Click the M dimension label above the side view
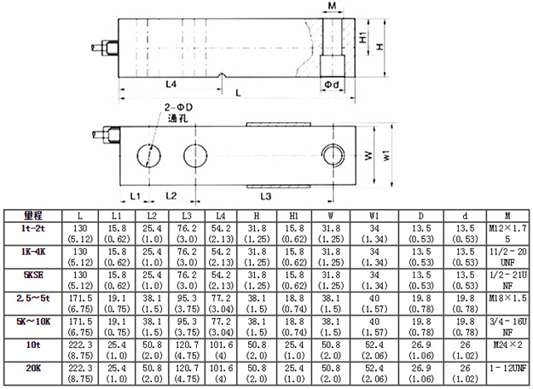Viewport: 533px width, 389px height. [x=332, y=6]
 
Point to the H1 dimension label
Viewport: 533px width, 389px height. [x=363, y=37]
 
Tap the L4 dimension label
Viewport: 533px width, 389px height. [x=171, y=84]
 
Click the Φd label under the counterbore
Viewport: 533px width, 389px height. [x=332, y=84]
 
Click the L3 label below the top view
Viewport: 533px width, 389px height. [x=266, y=196]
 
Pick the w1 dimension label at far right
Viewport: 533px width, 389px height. [x=386, y=155]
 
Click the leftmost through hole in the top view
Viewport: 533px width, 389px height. [x=149, y=156]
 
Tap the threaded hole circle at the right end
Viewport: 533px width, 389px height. [x=333, y=155]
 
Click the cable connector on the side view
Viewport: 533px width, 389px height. [x=105, y=47]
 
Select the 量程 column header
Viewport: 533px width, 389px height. [x=33, y=216]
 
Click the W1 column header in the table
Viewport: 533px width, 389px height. [x=374, y=216]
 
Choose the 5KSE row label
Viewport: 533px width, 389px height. [x=33, y=275]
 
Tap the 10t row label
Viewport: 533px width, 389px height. [x=33, y=345]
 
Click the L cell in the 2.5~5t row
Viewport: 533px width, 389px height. [x=80, y=304]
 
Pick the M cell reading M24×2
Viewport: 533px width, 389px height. [x=507, y=345]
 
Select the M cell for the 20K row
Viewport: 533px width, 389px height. [x=507, y=369]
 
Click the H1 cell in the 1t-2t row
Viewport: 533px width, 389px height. [x=294, y=234]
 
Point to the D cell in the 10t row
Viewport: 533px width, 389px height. [x=421, y=351]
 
